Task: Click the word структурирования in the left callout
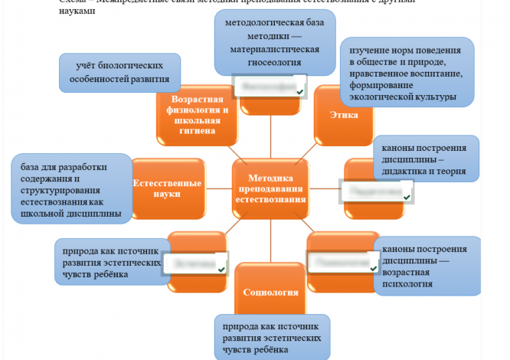(x=53, y=191)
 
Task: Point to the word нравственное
(x=385, y=74)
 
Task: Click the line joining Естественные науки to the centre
(x=217, y=184)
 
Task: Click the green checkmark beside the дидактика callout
(x=407, y=198)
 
